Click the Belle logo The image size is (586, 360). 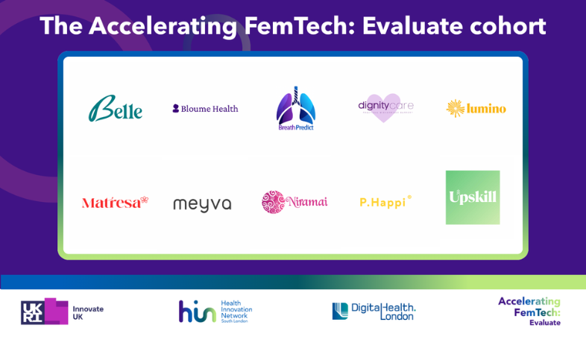[116, 109]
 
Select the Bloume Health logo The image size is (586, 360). [205, 109]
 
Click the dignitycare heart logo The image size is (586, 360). [385, 107]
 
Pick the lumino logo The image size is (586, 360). [476, 109]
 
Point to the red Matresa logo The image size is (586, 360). [115, 202]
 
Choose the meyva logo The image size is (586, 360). [202, 204]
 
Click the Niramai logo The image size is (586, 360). [294, 202]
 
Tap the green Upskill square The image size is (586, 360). [473, 198]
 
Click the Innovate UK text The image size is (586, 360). [88, 312]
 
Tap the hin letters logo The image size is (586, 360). [197, 312]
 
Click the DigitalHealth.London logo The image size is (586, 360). [374, 311]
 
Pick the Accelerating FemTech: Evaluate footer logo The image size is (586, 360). [529, 311]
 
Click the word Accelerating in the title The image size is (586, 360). [163, 27]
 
